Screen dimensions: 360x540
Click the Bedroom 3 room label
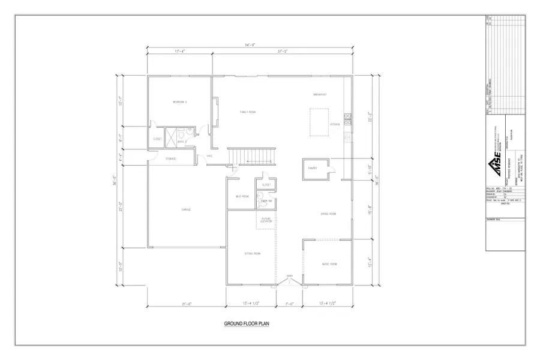click(x=180, y=102)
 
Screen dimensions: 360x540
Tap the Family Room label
click(x=248, y=112)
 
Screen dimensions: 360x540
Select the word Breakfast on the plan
click(x=319, y=95)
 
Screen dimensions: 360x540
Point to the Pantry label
click(x=313, y=169)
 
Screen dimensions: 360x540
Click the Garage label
click(x=186, y=209)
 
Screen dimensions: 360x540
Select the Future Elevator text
click(x=266, y=221)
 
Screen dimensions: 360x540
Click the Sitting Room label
click(x=253, y=254)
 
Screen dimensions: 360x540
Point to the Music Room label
click(x=329, y=264)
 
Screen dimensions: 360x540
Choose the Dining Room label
click(x=328, y=214)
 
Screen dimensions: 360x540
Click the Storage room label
click(x=171, y=158)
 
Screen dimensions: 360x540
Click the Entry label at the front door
click(x=289, y=275)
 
